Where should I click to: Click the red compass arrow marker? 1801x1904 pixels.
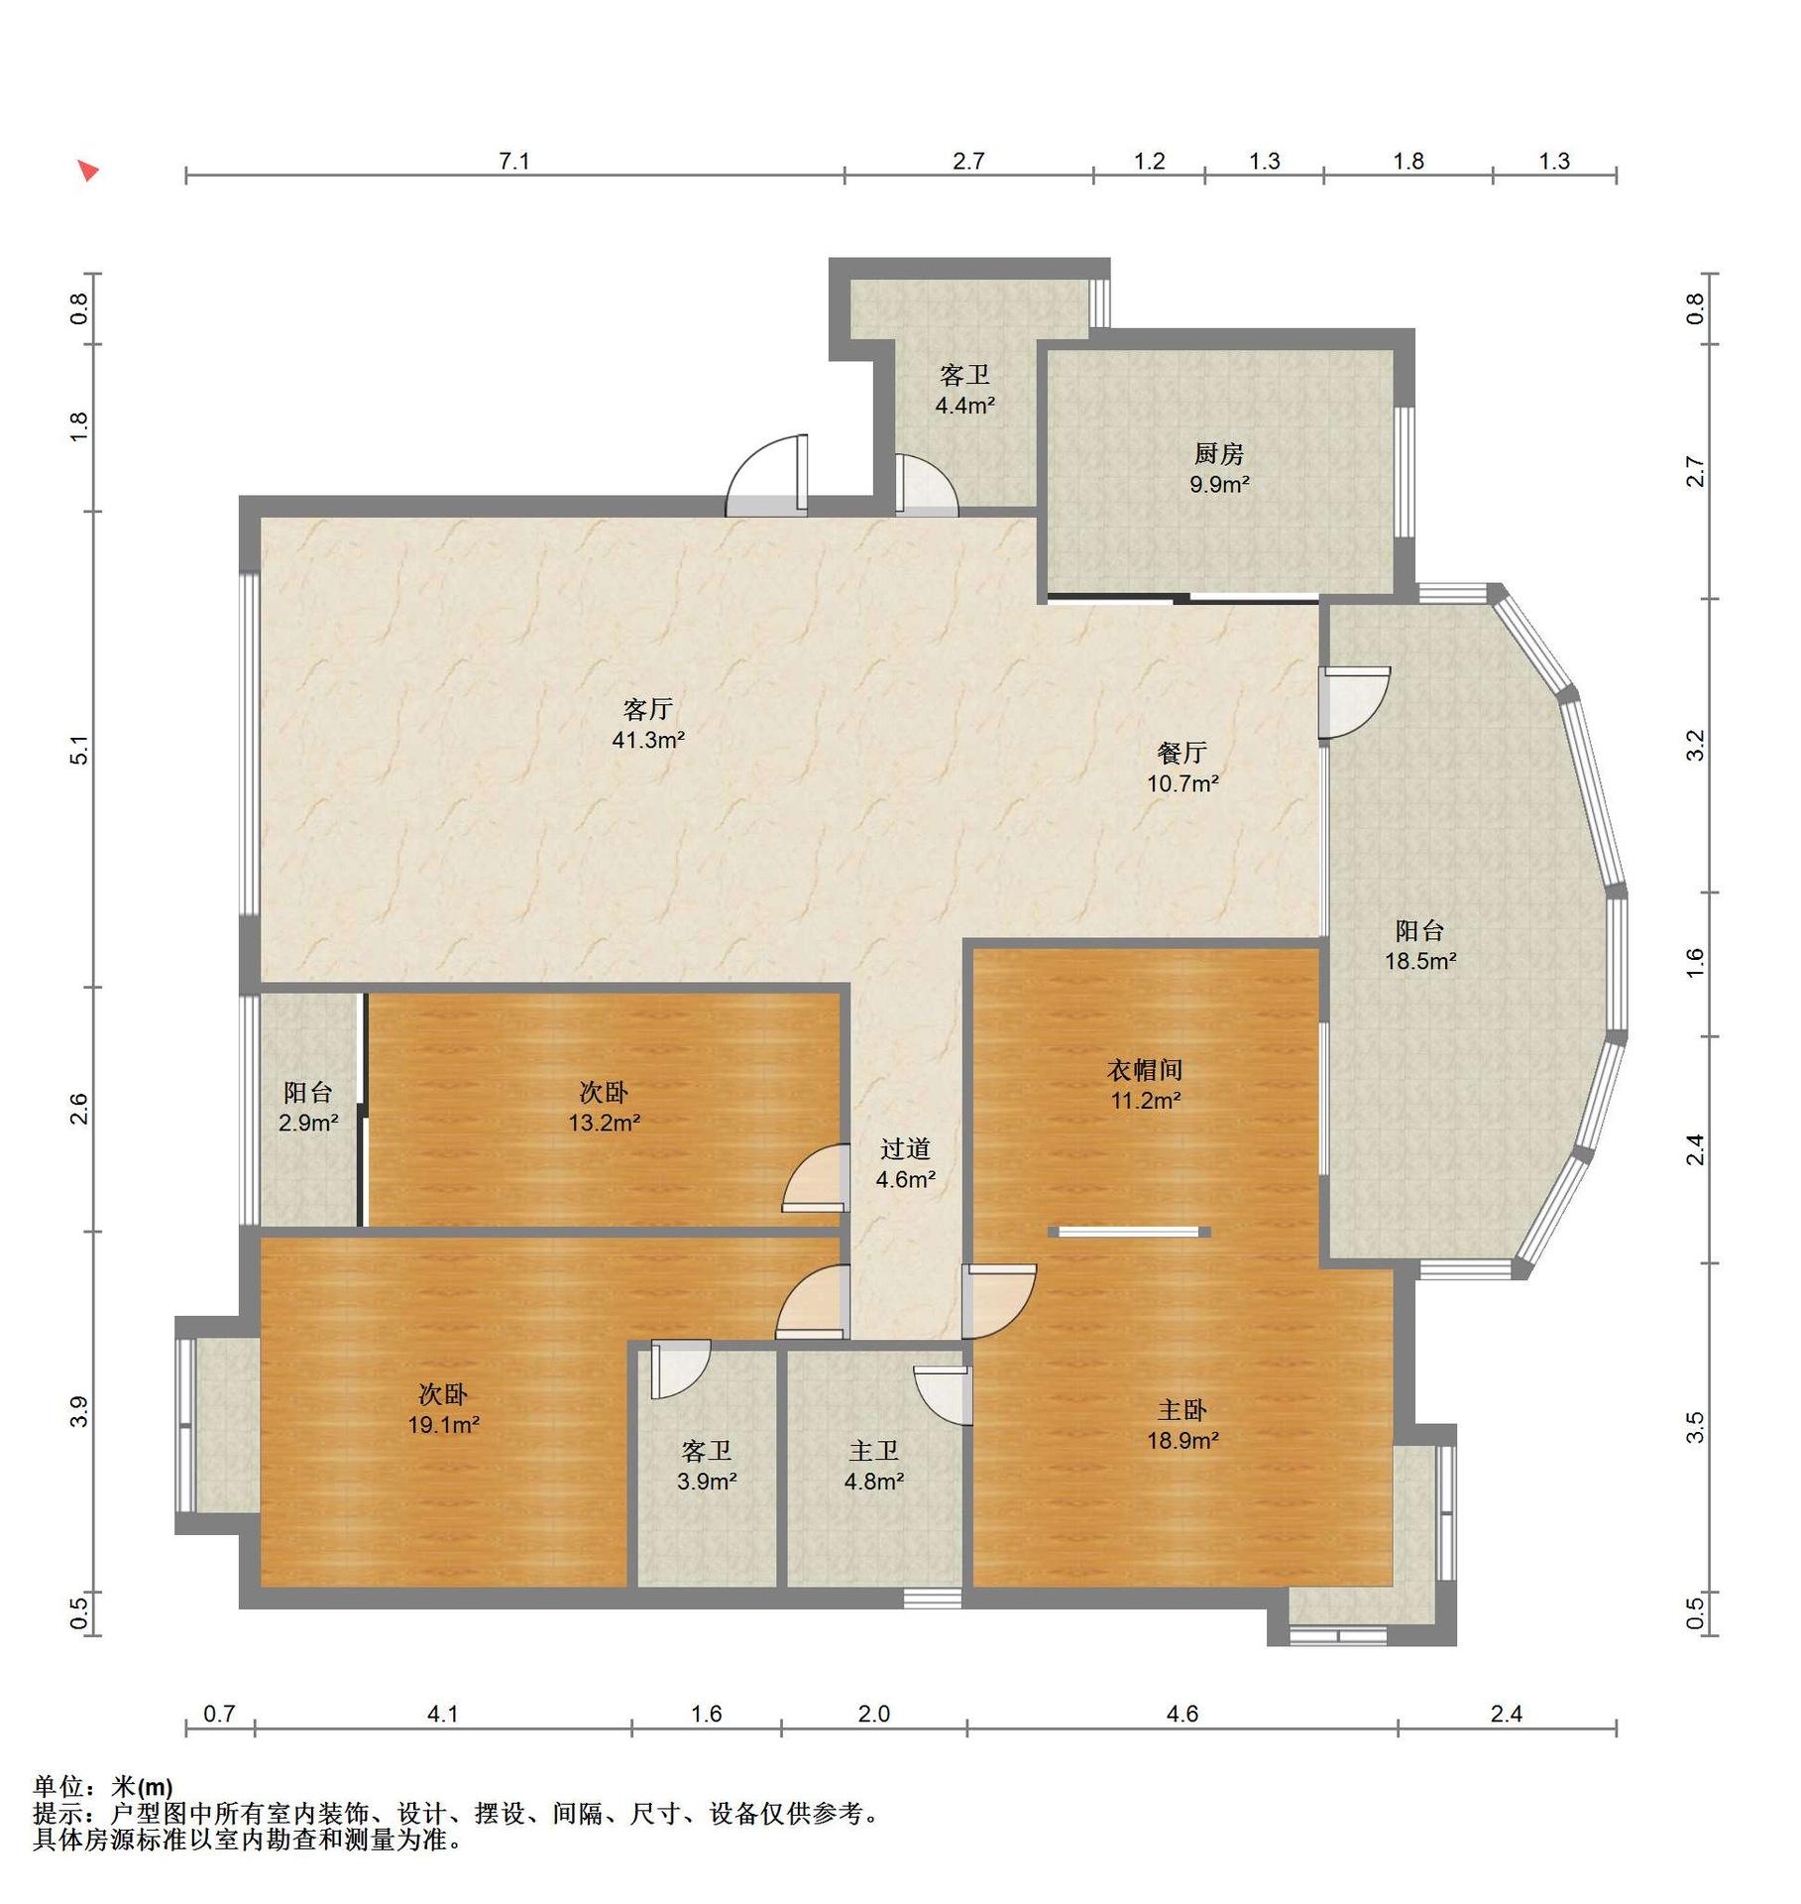[x=88, y=171]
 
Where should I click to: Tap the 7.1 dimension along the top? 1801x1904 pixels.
[x=513, y=161]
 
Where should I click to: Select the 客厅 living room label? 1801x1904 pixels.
[x=648, y=709]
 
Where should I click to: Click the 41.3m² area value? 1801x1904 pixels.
[x=648, y=740]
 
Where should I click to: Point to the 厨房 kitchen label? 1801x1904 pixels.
[x=1218, y=454]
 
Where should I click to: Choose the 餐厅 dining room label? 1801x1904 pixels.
[x=1182, y=753]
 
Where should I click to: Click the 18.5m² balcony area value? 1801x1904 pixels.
[x=1420, y=961]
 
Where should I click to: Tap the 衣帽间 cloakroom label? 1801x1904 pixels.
[x=1145, y=1070]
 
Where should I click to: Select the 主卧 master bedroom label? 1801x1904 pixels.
[x=1182, y=1410]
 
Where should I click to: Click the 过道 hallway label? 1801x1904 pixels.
[x=905, y=1149]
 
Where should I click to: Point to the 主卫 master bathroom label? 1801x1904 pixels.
[x=873, y=1452]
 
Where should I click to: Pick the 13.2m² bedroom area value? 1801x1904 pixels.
[x=604, y=1124]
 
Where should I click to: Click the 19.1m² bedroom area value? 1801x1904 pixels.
[x=443, y=1426]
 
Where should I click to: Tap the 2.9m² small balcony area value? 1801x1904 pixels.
[x=308, y=1124]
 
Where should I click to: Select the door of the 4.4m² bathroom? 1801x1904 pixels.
[x=928, y=486]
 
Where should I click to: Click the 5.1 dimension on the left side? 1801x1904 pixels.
[x=79, y=750]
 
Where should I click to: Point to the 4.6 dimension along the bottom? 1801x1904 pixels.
[x=1182, y=1714]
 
